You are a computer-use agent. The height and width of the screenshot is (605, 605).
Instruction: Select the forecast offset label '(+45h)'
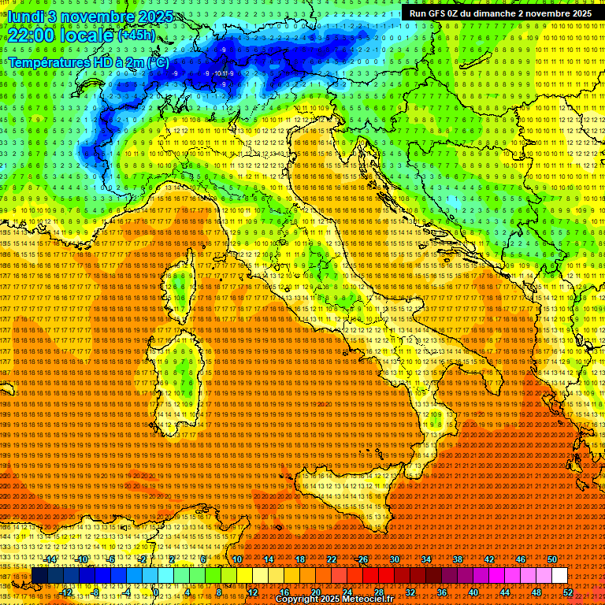click(x=135, y=35)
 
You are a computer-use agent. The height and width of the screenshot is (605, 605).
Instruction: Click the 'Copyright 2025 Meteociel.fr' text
click(x=334, y=599)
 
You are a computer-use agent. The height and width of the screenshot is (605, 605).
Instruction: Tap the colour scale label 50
click(x=551, y=559)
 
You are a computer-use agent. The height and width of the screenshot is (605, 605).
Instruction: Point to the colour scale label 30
click(x=394, y=559)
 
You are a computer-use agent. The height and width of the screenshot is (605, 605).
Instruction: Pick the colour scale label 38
click(x=457, y=559)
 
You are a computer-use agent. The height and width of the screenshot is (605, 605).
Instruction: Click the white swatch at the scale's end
click(x=559, y=575)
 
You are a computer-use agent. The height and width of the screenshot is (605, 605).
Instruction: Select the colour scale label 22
click(x=332, y=559)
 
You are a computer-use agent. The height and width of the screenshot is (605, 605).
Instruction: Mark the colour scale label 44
click(x=504, y=592)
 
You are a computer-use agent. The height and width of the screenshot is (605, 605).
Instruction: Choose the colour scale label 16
click(x=284, y=592)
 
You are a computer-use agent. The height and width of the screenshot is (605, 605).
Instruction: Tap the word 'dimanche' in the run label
click(x=496, y=13)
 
